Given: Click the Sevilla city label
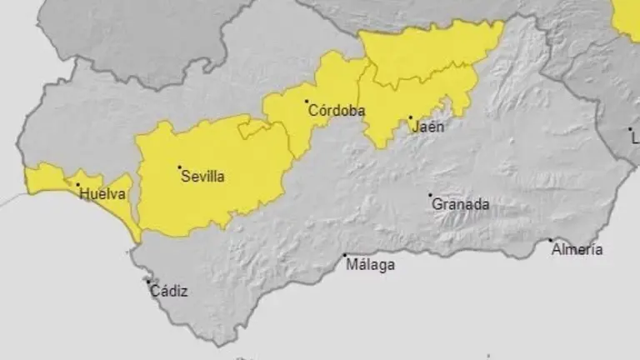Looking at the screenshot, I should click(x=202, y=177).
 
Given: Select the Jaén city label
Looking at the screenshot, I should click(x=428, y=127).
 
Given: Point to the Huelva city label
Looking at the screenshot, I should click(x=102, y=194).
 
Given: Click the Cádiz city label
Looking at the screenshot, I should click(x=169, y=292).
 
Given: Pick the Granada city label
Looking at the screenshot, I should click(x=460, y=204).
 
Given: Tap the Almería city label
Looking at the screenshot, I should click(x=577, y=249).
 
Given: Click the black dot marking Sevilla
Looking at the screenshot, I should click(x=179, y=167).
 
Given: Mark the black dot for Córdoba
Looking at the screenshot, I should click(x=306, y=102).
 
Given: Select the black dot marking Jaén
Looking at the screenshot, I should click(x=410, y=118).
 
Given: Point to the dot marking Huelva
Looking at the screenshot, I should click(x=78, y=185).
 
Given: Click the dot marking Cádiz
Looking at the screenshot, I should click(x=148, y=282).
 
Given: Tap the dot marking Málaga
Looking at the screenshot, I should click(x=344, y=256).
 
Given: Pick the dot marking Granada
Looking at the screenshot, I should click(x=431, y=196).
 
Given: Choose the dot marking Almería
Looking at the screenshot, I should click(x=550, y=241).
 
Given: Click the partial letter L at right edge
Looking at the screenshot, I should click(x=636, y=137).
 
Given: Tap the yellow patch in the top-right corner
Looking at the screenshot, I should click(x=627, y=17).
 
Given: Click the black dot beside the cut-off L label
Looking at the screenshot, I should click(x=630, y=129).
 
